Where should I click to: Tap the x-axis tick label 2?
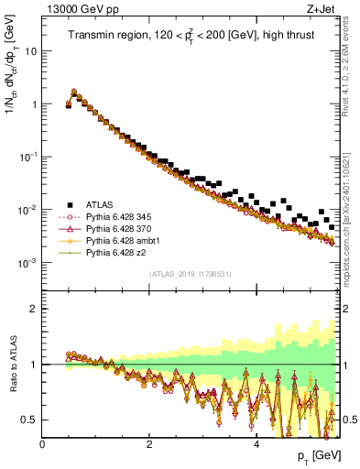[149, 444]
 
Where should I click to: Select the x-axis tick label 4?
[256, 444]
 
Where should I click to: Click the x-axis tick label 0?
[42, 444]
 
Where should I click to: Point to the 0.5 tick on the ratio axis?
[30, 420]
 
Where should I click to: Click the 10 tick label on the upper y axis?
[29, 51]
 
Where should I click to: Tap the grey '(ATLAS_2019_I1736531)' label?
[190, 274]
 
